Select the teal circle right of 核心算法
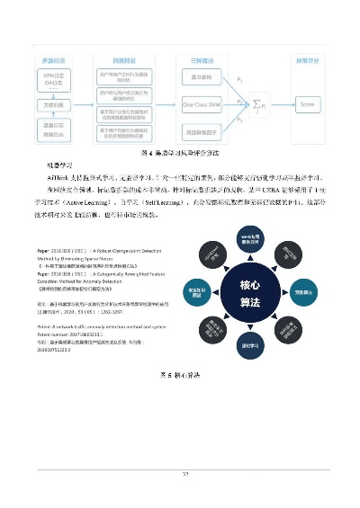click(x=304, y=292)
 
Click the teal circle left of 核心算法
click(x=197, y=292)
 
